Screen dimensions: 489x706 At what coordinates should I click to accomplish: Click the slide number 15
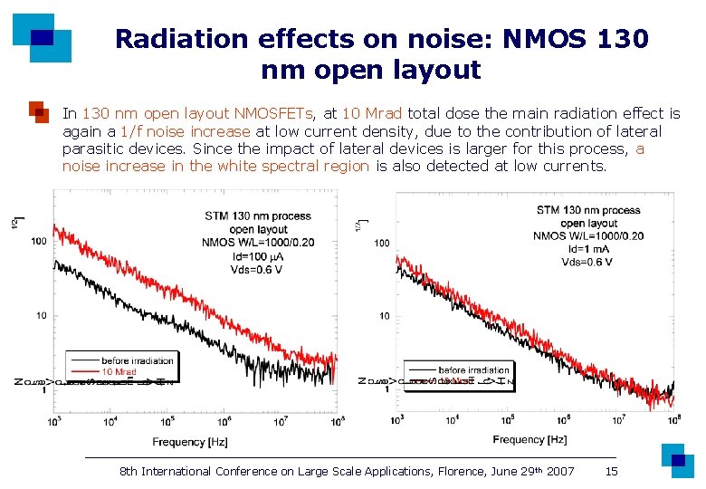[x=611, y=471]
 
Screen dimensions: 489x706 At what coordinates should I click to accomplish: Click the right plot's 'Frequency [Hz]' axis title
[x=529, y=439]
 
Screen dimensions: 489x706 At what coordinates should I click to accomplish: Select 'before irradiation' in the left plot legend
[x=138, y=360]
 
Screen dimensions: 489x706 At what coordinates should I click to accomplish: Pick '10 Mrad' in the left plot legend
[x=119, y=371]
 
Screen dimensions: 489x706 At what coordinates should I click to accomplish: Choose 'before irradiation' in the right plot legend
[x=473, y=369]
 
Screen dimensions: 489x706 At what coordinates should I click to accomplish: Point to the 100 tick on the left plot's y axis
[x=39, y=241]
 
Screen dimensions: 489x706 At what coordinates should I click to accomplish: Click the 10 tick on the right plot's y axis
[x=384, y=316]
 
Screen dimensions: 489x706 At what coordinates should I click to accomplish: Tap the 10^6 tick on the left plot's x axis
[x=224, y=421]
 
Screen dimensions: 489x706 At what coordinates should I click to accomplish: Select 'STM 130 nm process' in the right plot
[x=587, y=210]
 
